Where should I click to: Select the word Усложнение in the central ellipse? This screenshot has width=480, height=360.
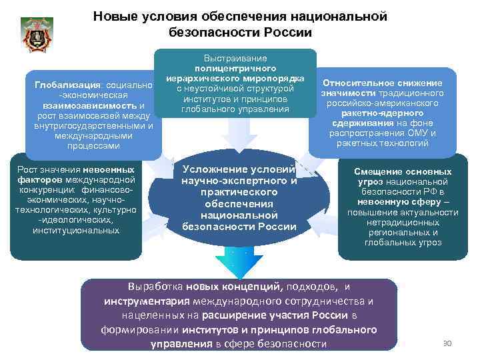point(213,169)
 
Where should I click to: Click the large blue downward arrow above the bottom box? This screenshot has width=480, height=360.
point(240,263)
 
